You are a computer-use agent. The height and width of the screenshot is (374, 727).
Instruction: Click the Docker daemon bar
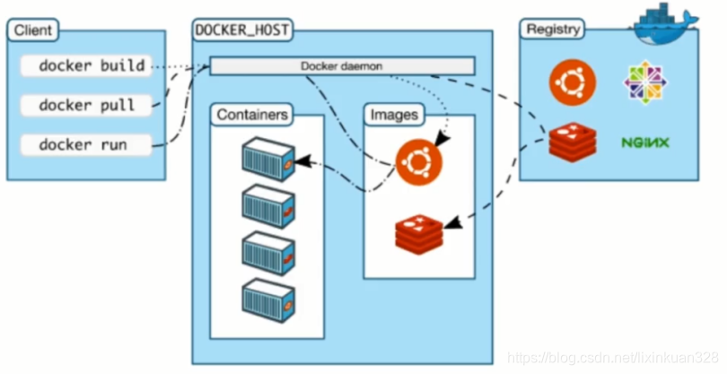point(342,66)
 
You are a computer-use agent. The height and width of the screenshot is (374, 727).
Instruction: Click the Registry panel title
point(551,30)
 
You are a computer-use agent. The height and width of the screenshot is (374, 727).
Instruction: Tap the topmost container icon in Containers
point(268,160)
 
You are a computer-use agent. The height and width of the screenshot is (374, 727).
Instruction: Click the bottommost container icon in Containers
point(268,298)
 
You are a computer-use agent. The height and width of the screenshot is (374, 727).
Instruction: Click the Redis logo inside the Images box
point(419,231)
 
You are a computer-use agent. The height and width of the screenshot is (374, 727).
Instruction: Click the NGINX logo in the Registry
point(644,142)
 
